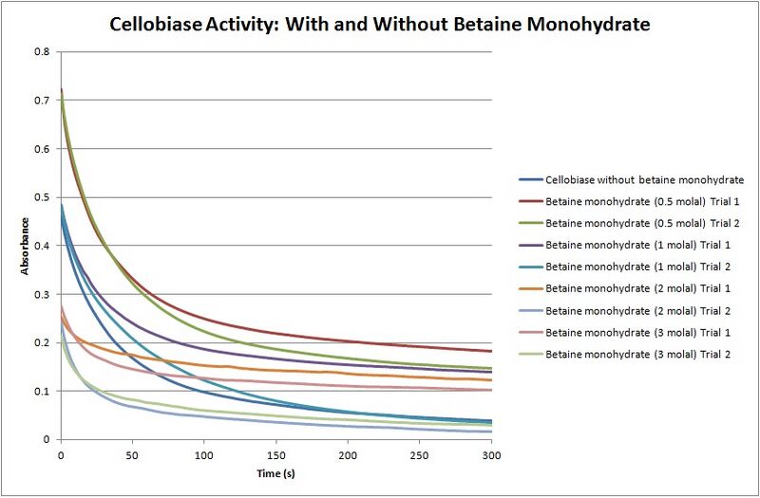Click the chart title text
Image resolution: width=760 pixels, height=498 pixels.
(380, 24)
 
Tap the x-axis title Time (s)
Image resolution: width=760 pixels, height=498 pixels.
(275, 470)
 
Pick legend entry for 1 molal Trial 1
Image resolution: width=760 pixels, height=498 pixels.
(627, 245)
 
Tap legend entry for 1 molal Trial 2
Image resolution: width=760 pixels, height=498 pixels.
(627, 267)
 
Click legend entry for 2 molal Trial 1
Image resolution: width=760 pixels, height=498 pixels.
(627, 288)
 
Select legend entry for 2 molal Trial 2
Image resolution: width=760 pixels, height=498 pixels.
(627, 310)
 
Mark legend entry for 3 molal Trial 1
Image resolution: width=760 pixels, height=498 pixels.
(627, 332)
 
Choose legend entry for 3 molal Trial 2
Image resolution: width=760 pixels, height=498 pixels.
(627, 354)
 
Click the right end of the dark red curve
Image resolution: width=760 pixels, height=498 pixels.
(490, 351)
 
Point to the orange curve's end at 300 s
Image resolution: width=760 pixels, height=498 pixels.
(490, 380)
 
